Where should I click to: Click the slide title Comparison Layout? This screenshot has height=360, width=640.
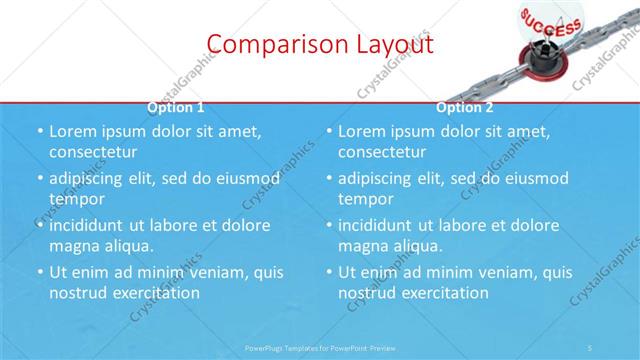tap(320, 45)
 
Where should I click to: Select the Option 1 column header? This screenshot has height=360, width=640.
tap(176, 107)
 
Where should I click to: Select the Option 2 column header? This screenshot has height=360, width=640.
tap(465, 107)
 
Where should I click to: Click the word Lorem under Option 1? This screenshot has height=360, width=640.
tap(72, 131)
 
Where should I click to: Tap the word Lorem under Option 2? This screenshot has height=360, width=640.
tap(361, 131)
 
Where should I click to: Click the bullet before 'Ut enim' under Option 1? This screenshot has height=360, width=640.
tap(40, 272)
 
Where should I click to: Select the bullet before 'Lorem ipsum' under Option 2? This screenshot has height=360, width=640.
tap(329, 131)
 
